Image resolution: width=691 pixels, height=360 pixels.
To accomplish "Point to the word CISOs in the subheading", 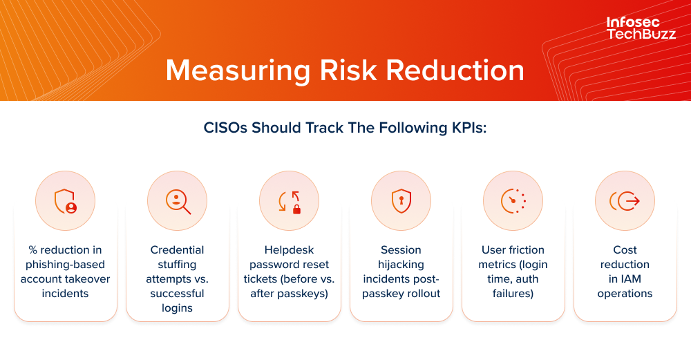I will click(x=226, y=129).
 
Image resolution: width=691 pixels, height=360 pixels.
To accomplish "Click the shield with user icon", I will click(x=65, y=201).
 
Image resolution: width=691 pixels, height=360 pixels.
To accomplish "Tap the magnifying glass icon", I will click(x=178, y=201).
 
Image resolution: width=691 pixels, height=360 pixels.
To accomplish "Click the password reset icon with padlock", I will click(x=290, y=201).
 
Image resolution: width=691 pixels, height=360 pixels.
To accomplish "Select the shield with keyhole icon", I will click(x=401, y=201).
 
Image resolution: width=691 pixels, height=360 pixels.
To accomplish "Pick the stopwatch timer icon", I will click(x=513, y=201).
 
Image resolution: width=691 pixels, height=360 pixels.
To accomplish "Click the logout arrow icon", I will click(x=625, y=201).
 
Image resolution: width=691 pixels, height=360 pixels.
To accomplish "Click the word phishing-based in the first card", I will click(x=65, y=265).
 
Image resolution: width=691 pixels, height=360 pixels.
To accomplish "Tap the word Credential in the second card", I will click(x=178, y=250).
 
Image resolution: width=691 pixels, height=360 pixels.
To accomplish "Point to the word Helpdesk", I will click(x=289, y=250).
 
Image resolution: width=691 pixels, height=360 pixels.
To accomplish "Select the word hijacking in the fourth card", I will click(x=401, y=265).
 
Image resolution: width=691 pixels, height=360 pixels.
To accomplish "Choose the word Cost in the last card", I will click(x=625, y=250).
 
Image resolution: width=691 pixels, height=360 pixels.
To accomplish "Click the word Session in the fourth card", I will click(x=401, y=250).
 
